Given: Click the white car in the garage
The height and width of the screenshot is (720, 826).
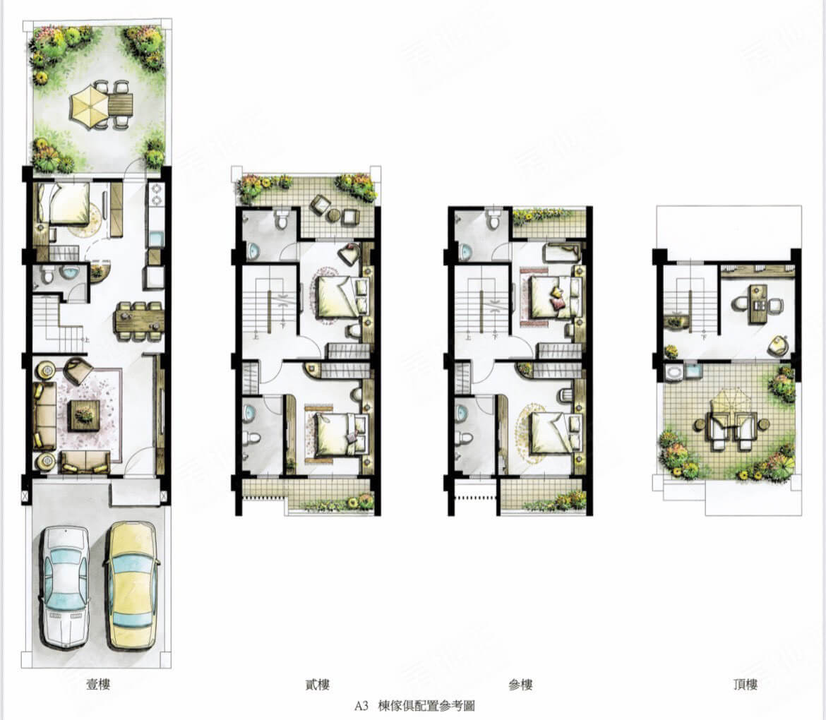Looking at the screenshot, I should click(64, 587).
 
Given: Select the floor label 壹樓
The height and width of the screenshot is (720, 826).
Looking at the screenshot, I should click(99, 684).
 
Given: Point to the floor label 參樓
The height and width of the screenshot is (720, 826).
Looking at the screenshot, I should click(520, 684).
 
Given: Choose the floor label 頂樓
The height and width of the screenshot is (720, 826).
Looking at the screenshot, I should click(745, 684).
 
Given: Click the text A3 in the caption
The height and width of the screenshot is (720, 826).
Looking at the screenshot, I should click(362, 705).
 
